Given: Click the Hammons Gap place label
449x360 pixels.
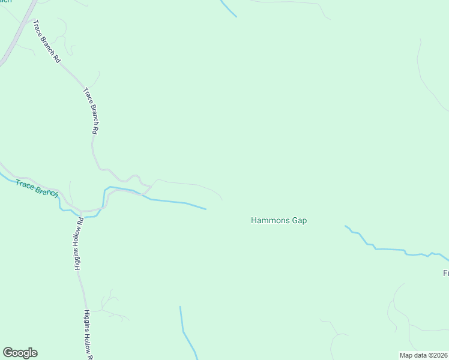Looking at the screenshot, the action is pos(279,221).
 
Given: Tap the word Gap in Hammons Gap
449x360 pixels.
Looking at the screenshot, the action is pos(299,221).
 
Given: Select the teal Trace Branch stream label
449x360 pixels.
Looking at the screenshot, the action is pos(37,187).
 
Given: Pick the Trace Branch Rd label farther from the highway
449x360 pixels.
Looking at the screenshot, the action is pos(91,111).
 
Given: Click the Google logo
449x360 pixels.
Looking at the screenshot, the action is pos(20,353).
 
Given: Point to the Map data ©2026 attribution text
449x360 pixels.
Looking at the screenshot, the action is pos(423,355).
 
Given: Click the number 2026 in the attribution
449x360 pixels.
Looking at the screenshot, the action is pos(438,355).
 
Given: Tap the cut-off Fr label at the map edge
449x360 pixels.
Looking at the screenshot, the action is pos(446,273).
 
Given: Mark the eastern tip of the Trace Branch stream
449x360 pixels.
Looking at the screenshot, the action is pos(205,209).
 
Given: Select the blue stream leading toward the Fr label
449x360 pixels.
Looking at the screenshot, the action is pos(390,249).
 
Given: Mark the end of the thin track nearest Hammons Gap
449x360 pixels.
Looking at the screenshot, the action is pos(222,200).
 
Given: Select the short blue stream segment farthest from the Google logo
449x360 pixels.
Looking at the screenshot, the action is pos(228,8).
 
